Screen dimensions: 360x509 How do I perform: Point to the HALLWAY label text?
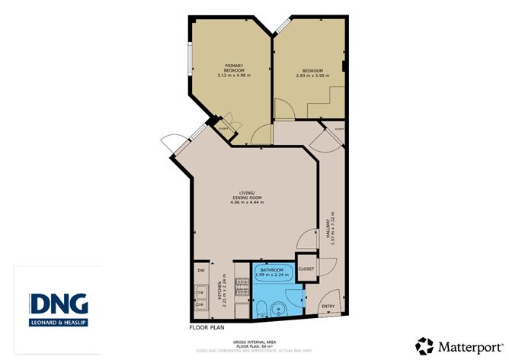click(331, 225)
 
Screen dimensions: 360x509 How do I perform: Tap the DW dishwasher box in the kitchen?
click(200, 271)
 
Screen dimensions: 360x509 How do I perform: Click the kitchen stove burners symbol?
click(242, 287)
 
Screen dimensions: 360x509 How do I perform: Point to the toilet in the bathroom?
click(261, 309)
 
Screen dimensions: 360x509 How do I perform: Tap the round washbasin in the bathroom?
click(280, 310)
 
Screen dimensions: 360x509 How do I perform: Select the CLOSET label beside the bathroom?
click(306, 268)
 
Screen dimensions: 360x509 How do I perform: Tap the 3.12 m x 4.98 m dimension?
click(234, 75)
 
